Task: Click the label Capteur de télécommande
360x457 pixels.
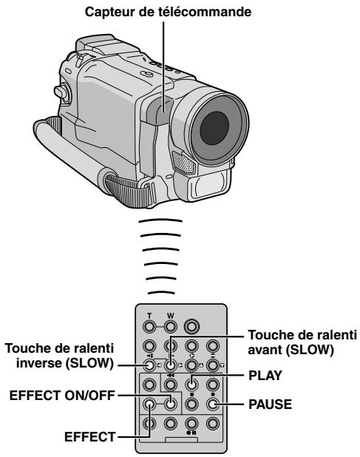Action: pos(168,12)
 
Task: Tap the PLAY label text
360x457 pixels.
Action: pos(265,376)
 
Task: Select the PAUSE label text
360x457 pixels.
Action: pos(270,404)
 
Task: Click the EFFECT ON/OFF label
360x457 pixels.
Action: pos(62,396)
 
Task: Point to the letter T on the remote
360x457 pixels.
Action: pos(149,316)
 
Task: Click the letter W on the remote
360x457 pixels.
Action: pos(170,316)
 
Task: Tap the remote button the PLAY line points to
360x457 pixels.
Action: pos(191,385)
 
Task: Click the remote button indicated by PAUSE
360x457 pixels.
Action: pos(213,404)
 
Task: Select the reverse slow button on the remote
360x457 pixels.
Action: pos(149,365)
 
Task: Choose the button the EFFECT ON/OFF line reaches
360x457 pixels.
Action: pos(170,404)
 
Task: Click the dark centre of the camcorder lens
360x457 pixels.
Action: pos(214,128)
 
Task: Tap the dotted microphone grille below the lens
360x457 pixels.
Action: pos(183,163)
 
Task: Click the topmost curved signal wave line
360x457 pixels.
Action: pos(160,221)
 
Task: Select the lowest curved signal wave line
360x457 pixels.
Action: pos(161,292)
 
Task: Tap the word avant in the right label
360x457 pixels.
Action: pos(265,350)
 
